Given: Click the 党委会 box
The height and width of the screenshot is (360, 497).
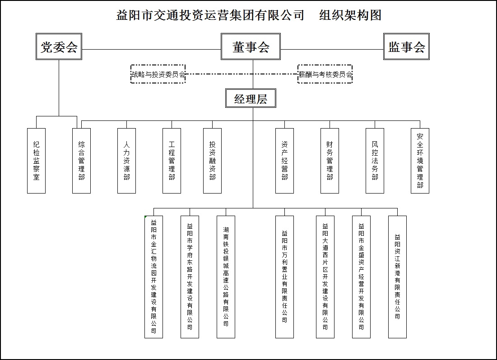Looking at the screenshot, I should coord(59,46).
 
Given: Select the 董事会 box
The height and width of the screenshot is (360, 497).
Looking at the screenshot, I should coord(251,46).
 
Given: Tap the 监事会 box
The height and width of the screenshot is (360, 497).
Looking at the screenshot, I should coord(406,46).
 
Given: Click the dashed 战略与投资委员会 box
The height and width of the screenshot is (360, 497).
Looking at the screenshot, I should coord(158,74).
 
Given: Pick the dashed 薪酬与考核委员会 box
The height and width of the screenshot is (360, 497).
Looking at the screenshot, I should coord(325,74).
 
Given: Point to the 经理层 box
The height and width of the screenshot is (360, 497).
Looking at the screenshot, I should coord(251,98).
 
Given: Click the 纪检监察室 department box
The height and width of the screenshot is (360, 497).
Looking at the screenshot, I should coord(36,161).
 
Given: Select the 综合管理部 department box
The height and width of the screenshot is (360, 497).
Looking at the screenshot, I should coord(81,161).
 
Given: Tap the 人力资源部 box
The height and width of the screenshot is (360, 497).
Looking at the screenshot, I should coord(126,161).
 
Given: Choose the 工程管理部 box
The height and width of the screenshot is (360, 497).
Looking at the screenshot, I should coord(172,161).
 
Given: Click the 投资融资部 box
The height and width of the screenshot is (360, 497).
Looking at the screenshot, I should coord(212,161).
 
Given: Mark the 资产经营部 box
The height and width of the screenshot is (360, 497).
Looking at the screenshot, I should coord(284,161).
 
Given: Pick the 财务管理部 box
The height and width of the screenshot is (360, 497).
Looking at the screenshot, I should coord(330,161).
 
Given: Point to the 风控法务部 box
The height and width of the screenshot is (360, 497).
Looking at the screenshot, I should coord(375,161).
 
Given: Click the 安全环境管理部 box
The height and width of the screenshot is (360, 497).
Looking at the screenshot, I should coord(420,161).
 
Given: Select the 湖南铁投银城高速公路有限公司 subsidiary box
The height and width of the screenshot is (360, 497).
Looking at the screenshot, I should coord(226,277).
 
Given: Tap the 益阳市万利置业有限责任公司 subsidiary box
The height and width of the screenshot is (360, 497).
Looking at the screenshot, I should coord(284,277).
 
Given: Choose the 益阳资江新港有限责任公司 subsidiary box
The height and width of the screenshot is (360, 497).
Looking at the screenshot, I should coord(397,277).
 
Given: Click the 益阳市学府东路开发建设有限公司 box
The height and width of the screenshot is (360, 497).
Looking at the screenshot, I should coord(190,277).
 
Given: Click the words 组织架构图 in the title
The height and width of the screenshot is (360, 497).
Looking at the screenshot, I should coord(350,15).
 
